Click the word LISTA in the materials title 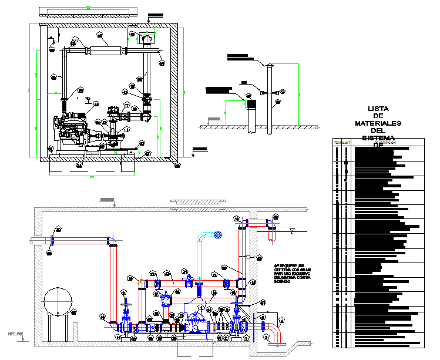click(x=378, y=109)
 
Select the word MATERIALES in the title click(x=378, y=123)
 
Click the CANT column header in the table click(x=347, y=143)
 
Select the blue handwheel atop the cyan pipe click(x=219, y=235)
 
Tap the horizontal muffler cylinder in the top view click(x=106, y=51)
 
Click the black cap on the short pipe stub click(x=253, y=103)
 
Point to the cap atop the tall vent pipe click(x=270, y=66)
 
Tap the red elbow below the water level click(x=272, y=234)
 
